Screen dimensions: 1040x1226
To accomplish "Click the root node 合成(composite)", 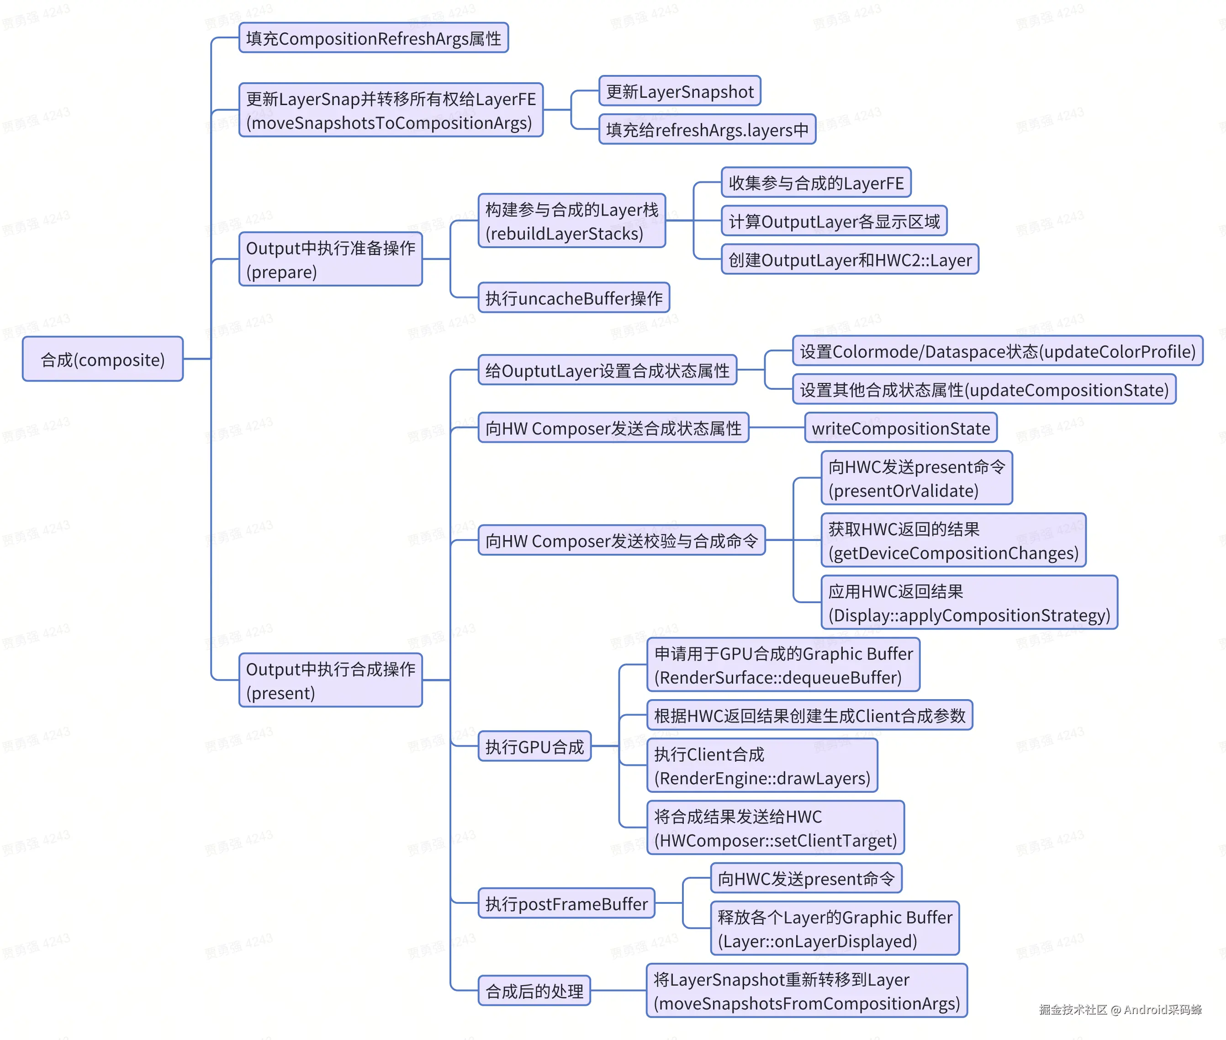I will click(x=103, y=359).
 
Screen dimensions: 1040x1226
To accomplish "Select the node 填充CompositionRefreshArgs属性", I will click(x=374, y=38).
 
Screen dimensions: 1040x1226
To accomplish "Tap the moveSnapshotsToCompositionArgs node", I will click(x=391, y=110).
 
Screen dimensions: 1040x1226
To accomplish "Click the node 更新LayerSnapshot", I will click(x=680, y=91).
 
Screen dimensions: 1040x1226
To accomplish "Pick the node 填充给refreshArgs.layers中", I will click(x=707, y=130).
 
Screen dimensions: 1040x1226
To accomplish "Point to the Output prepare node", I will click(x=331, y=260).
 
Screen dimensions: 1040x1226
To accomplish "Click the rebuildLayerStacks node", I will click(x=572, y=221).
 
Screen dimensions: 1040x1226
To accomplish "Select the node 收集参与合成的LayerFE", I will click(x=816, y=183).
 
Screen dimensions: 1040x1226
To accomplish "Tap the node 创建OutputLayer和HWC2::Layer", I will click(x=850, y=260).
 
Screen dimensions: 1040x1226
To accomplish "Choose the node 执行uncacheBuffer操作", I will click(x=574, y=298).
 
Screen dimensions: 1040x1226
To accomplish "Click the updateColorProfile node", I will click(x=997, y=351).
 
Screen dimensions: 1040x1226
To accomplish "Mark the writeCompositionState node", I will click(x=901, y=428).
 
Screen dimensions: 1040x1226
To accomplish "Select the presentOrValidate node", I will click(x=917, y=478).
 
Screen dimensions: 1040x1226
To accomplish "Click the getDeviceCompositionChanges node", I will click(x=953, y=541).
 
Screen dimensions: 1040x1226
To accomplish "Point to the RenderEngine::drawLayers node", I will click(x=762, y=766).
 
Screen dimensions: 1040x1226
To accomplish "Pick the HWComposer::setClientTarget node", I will click(x=775, y=828).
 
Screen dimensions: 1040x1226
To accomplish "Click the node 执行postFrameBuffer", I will click(x=566, y=903).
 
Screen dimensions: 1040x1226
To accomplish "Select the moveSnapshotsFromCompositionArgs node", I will click(x=806, y=991).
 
